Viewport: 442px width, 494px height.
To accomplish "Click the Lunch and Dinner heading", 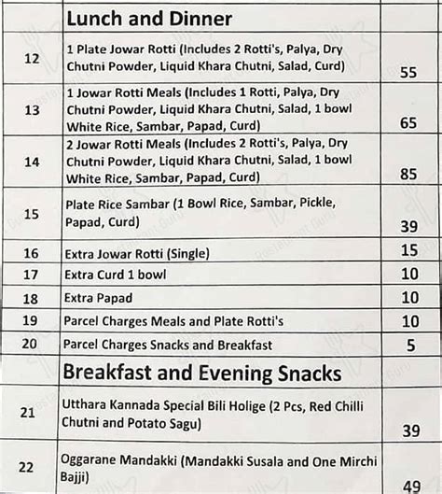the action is click(149, 18).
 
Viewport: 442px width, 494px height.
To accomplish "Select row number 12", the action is click(32, 58).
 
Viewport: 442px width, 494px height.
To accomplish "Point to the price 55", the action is click(407, 72).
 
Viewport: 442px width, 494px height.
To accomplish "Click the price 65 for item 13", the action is click(407, 121).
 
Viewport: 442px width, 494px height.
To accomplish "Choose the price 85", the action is click(407, 173).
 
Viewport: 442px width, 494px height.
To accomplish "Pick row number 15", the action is click(32, 214).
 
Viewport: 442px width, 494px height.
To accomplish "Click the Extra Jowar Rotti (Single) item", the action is click(137, 253).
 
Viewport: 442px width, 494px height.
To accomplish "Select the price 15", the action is click(407, 251).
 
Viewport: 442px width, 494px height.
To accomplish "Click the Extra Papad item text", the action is click(98, 298).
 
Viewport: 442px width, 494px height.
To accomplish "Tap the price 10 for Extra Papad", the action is click(407, 298).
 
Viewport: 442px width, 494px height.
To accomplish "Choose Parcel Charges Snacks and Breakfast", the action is click(168, 345).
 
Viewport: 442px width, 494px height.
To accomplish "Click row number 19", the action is click(32, 320).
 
